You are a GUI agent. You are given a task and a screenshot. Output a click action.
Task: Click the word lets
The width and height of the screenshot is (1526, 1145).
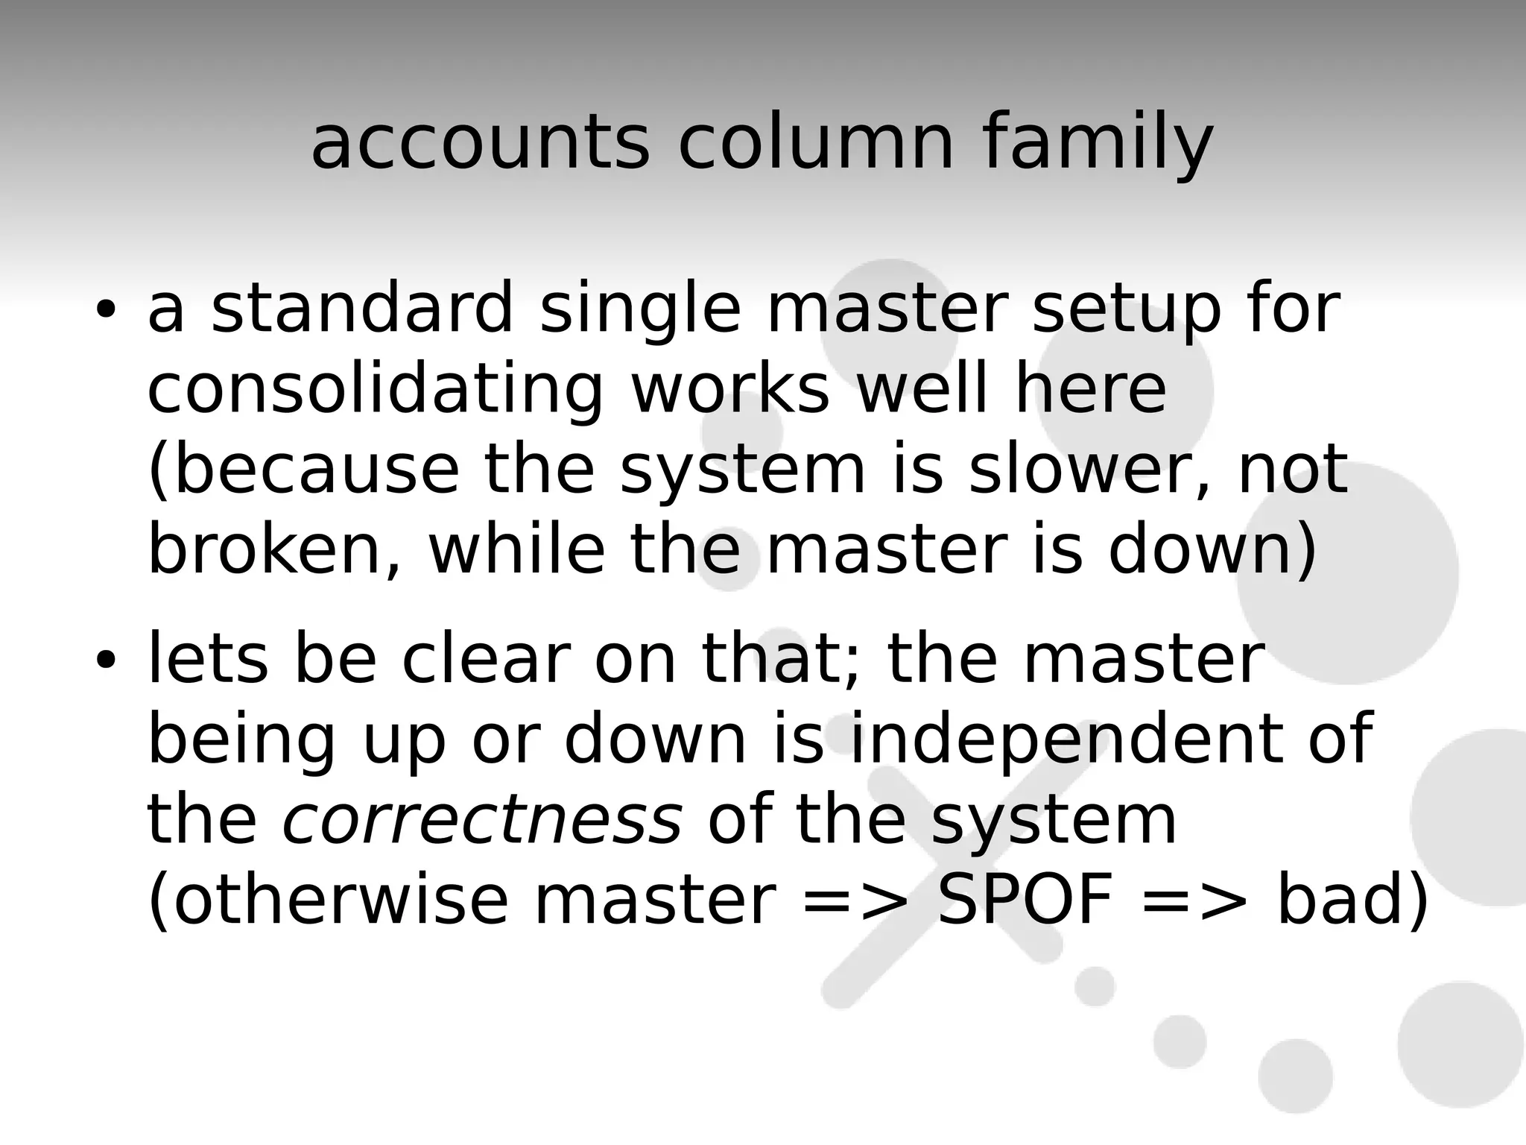pos(208,658)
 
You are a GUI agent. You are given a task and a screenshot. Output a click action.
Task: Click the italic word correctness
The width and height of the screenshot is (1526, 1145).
pos(481,821)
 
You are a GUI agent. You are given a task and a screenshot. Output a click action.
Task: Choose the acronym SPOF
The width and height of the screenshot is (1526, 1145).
pos(1025,900)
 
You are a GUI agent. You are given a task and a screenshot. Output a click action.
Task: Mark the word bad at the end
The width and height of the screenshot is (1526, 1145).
pos(1341,900)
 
